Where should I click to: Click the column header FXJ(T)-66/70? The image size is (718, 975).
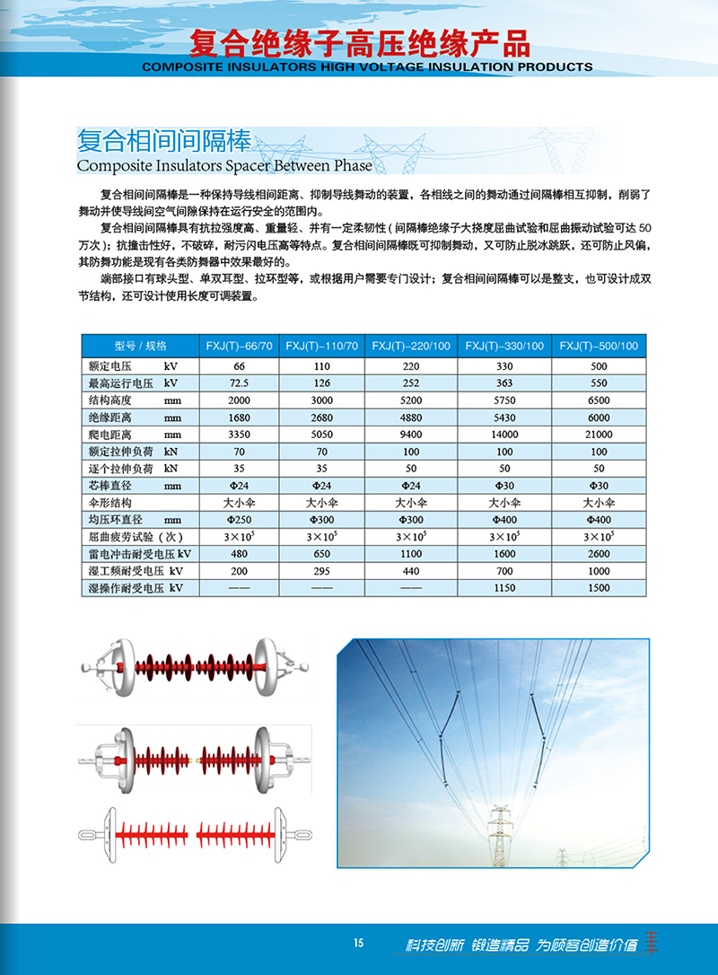pos(239,346)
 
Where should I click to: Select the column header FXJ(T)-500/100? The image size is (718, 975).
pos(599,346)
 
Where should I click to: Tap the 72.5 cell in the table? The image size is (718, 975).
pos(239,383)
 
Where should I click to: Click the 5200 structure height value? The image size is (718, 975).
pos(411,400)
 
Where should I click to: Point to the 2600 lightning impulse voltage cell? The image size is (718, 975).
pos(599,554)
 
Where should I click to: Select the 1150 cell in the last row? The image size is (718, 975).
pos(504,588)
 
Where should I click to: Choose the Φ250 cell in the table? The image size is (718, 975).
pos(239,520)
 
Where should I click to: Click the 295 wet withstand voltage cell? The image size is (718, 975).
pos(324,571)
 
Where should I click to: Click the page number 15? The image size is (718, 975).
pos(359,943)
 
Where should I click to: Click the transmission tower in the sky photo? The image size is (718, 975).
pos(498,835)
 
